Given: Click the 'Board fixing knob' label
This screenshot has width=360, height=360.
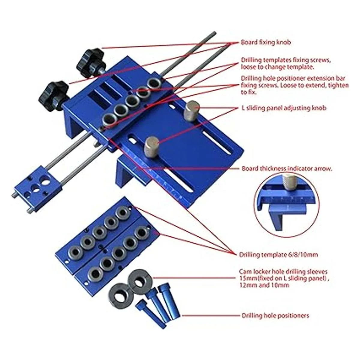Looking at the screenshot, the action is coord(266,42).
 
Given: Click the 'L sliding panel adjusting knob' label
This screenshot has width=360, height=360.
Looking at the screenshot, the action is coord(284,108).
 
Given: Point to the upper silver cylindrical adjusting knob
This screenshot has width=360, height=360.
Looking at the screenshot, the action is coord(192,111).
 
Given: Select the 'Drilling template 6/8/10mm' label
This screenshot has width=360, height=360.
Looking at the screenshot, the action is coord(278,254).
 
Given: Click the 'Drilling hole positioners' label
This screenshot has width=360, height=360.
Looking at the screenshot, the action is coord(275,316).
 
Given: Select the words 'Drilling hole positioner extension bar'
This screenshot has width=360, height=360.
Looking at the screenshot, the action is coord(293,78).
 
